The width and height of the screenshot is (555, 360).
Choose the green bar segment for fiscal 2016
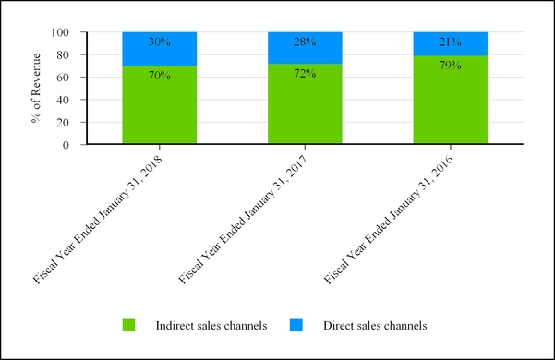coord(450,109)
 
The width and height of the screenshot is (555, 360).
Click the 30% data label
coord(160,42)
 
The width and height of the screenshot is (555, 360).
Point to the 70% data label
coord(160,75)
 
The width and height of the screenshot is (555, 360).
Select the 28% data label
coord(305,42)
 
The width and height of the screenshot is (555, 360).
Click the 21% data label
coord(450,42)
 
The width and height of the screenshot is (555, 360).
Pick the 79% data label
coord(450,65)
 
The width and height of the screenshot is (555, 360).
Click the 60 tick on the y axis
coord(65,78)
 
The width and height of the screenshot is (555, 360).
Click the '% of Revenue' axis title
coord(38,88)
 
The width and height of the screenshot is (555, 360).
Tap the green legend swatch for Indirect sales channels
coord(128,325)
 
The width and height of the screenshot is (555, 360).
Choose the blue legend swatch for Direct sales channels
coord(296,325)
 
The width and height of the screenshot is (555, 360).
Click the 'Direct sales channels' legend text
coord(374,325)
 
